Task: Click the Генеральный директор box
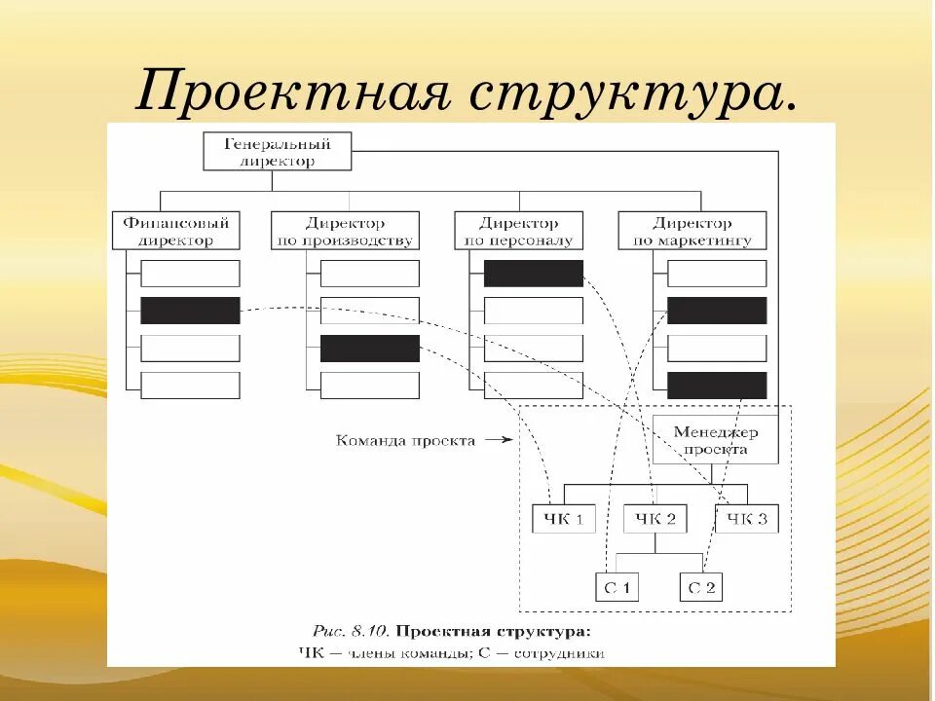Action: point(277,153)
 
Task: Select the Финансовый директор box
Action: point(176,231)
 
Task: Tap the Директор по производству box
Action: point(345,231)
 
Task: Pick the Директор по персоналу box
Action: point(518,231)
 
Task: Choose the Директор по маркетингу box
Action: point(692,231)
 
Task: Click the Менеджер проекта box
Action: point(715,440)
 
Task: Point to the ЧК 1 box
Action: point(564,519)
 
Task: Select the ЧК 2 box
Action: point(654,519)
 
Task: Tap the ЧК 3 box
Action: point(747,519)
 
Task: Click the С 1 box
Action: point(617,587)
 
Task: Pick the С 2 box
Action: point(701,587)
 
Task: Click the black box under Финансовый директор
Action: point(190,311)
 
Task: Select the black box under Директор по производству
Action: point(370,349)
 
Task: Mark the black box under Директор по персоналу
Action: point(533,274)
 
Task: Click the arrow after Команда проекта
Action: point(497,440)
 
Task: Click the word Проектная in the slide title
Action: point(291,92)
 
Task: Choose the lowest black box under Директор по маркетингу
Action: point(717,386)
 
